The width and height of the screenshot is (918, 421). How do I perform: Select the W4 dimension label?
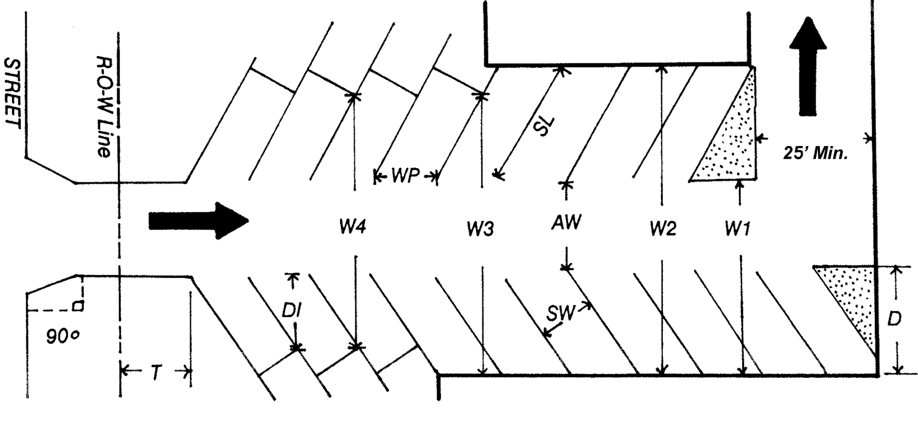pos(353,227)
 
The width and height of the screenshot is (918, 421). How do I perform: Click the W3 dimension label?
pos(481,228)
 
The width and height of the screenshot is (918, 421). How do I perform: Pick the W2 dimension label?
pos(663,228)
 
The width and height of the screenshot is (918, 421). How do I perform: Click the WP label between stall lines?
pos(405,176)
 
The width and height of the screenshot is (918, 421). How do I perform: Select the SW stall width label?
pos(560,314)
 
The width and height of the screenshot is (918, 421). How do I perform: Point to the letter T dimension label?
pos(156,373)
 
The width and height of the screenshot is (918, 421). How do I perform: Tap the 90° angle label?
pos(63,337)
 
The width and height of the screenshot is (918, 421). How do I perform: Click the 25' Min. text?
pos(815,153)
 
